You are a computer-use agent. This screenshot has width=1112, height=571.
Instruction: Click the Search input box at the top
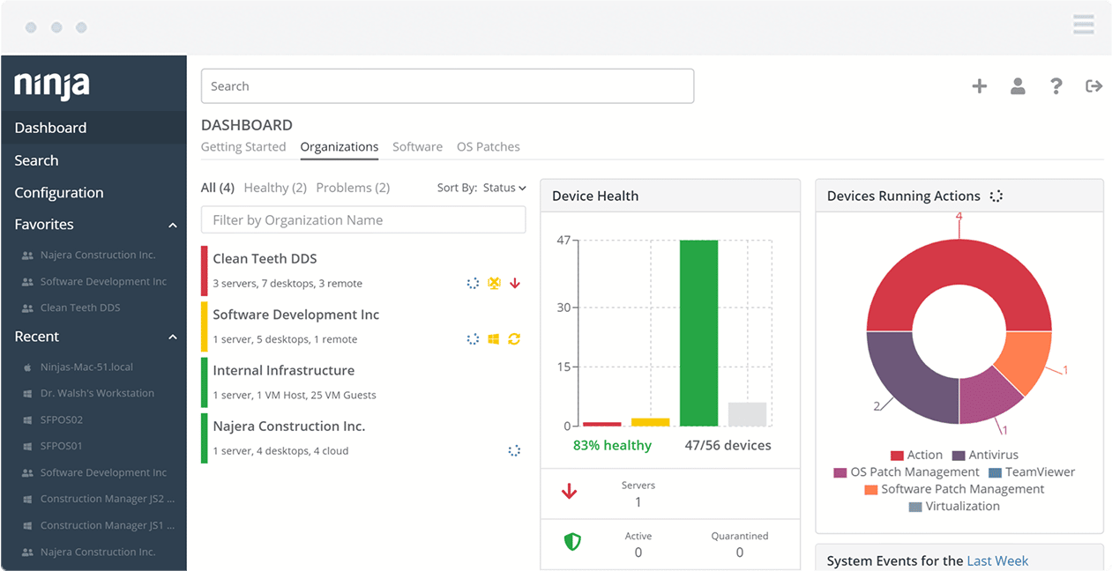[447, 86]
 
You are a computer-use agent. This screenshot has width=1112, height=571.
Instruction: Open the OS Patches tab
[488, 147]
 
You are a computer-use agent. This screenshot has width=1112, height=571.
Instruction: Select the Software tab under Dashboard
[417, 147]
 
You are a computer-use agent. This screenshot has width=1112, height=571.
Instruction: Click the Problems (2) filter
[353, 188]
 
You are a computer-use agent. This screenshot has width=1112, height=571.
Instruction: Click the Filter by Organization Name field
[363, 220]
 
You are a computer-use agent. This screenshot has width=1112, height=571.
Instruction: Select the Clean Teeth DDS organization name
[265, 259]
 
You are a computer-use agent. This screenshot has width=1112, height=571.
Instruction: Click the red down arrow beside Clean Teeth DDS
[515, 284]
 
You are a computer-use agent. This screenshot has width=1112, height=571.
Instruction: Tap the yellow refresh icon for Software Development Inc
[514, 339]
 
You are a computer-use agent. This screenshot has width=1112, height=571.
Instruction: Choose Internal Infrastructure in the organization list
[283, 371]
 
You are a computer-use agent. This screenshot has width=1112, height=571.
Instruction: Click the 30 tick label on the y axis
[563, 308]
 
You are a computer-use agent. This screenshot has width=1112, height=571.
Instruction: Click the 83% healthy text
[612, 446]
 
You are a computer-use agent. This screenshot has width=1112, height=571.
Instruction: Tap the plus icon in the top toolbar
[979, 86]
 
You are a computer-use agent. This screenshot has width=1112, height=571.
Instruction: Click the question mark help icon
[1056, 86]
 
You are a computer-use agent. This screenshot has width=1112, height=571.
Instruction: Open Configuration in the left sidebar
[59, 193]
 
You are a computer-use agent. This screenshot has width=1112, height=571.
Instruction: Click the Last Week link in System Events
[997, 561]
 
